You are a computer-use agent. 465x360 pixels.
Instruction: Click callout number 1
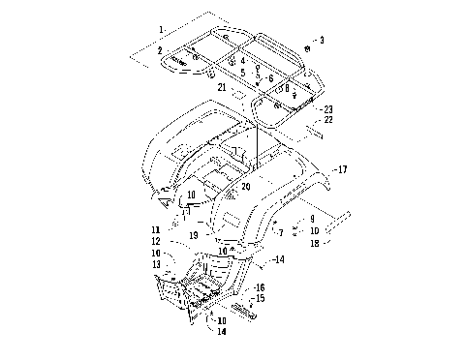[162, 16]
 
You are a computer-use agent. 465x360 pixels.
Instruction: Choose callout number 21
[222, 87]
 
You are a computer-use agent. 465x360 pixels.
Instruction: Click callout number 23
[328, 108]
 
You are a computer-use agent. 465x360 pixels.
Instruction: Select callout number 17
[341, 169]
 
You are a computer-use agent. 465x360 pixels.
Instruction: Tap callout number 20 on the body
[246, 186]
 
